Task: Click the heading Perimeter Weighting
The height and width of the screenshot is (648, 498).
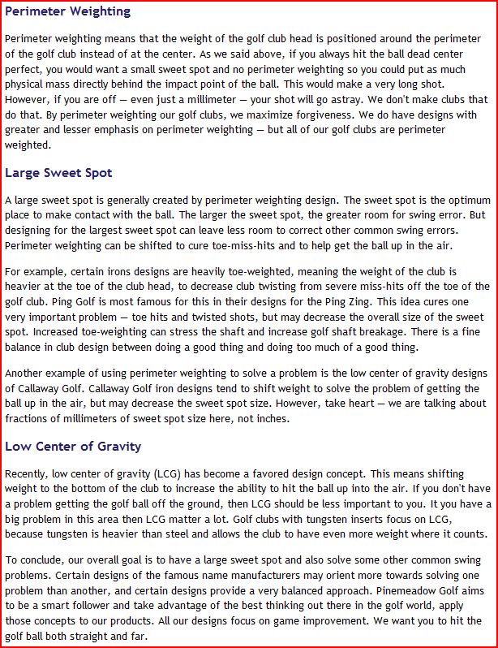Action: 67,12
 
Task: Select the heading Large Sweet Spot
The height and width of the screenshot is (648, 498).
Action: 58,173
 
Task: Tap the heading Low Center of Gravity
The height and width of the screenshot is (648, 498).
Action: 73,446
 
